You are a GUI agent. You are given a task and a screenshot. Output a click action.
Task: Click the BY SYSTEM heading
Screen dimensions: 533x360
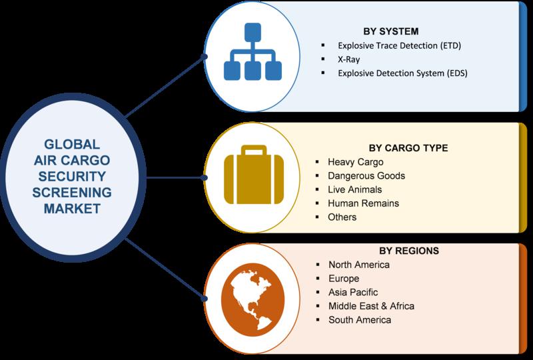[x=391, y=31]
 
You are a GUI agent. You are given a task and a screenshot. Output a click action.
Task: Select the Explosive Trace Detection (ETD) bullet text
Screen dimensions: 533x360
[x=399, y=45]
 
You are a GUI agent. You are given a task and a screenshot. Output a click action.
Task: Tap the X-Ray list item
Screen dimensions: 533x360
[x=348, y=59]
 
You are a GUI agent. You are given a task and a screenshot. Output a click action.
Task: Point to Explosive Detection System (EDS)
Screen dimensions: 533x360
[x=402, y=73]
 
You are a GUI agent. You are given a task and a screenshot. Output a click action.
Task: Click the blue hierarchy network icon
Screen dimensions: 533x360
[x=253, y=51]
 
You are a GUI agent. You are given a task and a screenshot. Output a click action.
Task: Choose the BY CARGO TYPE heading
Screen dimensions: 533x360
[x=408, y=148]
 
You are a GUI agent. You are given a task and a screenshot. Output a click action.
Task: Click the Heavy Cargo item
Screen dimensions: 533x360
[x=356, y=162]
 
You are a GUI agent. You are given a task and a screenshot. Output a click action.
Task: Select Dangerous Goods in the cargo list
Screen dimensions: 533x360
[x=366, y=175]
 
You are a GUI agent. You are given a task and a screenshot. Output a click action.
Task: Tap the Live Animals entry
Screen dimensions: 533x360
[x=355, y=189]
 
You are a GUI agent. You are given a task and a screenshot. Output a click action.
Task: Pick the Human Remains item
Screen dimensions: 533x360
[x=363, y=203]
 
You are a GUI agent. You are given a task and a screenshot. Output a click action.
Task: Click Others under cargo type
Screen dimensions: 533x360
[x=342, y=217]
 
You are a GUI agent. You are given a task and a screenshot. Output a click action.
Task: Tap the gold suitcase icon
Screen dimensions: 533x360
[x=254, y=175]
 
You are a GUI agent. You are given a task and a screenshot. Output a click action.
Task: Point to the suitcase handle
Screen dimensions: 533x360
[x=254, y=150]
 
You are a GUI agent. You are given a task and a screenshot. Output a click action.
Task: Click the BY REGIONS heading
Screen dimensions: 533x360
[x=409, y=251]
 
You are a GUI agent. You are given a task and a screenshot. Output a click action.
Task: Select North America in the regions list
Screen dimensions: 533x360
[x=359, y=265]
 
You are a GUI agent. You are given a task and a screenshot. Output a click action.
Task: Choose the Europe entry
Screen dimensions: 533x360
[x=344, y=279]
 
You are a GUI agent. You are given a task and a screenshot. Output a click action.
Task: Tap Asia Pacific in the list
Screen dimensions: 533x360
[x=353, y=292]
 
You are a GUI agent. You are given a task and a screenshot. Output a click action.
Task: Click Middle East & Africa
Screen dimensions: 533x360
[x=371, y=306]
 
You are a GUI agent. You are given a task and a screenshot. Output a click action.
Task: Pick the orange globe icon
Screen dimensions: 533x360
[x=253, y=299]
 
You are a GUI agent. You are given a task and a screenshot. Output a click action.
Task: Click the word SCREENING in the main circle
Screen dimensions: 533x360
[x=72, y=193]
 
